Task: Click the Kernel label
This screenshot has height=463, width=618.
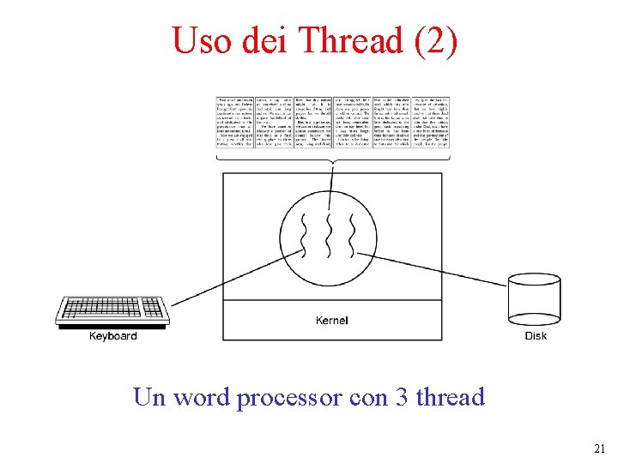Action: (x=331, y=321)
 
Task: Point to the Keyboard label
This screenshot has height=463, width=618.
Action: (x=112, y=336)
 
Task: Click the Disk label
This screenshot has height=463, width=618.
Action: (x=536, y=336)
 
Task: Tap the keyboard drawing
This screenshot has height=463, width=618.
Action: (x=112, y=310)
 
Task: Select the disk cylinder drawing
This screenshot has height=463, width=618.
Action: (x=535, y=300)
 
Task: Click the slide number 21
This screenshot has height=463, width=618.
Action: (x=599, y=448)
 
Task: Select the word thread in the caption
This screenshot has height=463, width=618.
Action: (x=450, y=398)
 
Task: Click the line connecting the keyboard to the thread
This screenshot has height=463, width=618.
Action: (x=232, y=279)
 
